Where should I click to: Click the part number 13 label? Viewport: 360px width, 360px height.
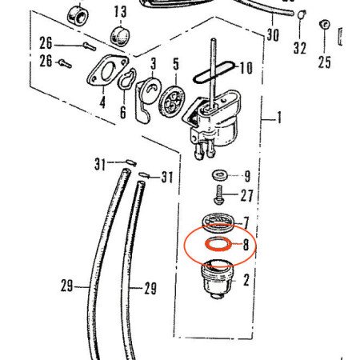(120, 12)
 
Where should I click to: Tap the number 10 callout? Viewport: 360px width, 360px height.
(246, 68)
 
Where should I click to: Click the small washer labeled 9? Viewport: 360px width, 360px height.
(220, 175)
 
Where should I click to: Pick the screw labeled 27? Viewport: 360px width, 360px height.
(218, 195)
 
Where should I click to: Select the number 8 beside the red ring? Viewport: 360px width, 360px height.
(246, 245)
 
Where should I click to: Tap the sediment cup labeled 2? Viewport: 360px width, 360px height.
(217, 279)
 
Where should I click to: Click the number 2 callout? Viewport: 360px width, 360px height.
(246, 280)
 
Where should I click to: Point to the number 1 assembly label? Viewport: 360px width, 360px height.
(279, 118)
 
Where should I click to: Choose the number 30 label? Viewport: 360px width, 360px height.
(273, 35)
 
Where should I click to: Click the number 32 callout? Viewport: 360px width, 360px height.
(300, 48)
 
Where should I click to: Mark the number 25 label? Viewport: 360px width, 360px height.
(324, 62)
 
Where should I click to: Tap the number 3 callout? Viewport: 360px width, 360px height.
(154, 64)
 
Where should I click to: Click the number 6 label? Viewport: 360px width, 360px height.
(123, 113)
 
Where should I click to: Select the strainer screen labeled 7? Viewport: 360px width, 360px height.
(218, 222)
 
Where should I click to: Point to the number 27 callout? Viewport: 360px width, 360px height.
(246, 196)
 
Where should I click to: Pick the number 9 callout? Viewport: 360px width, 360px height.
(247, 176)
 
